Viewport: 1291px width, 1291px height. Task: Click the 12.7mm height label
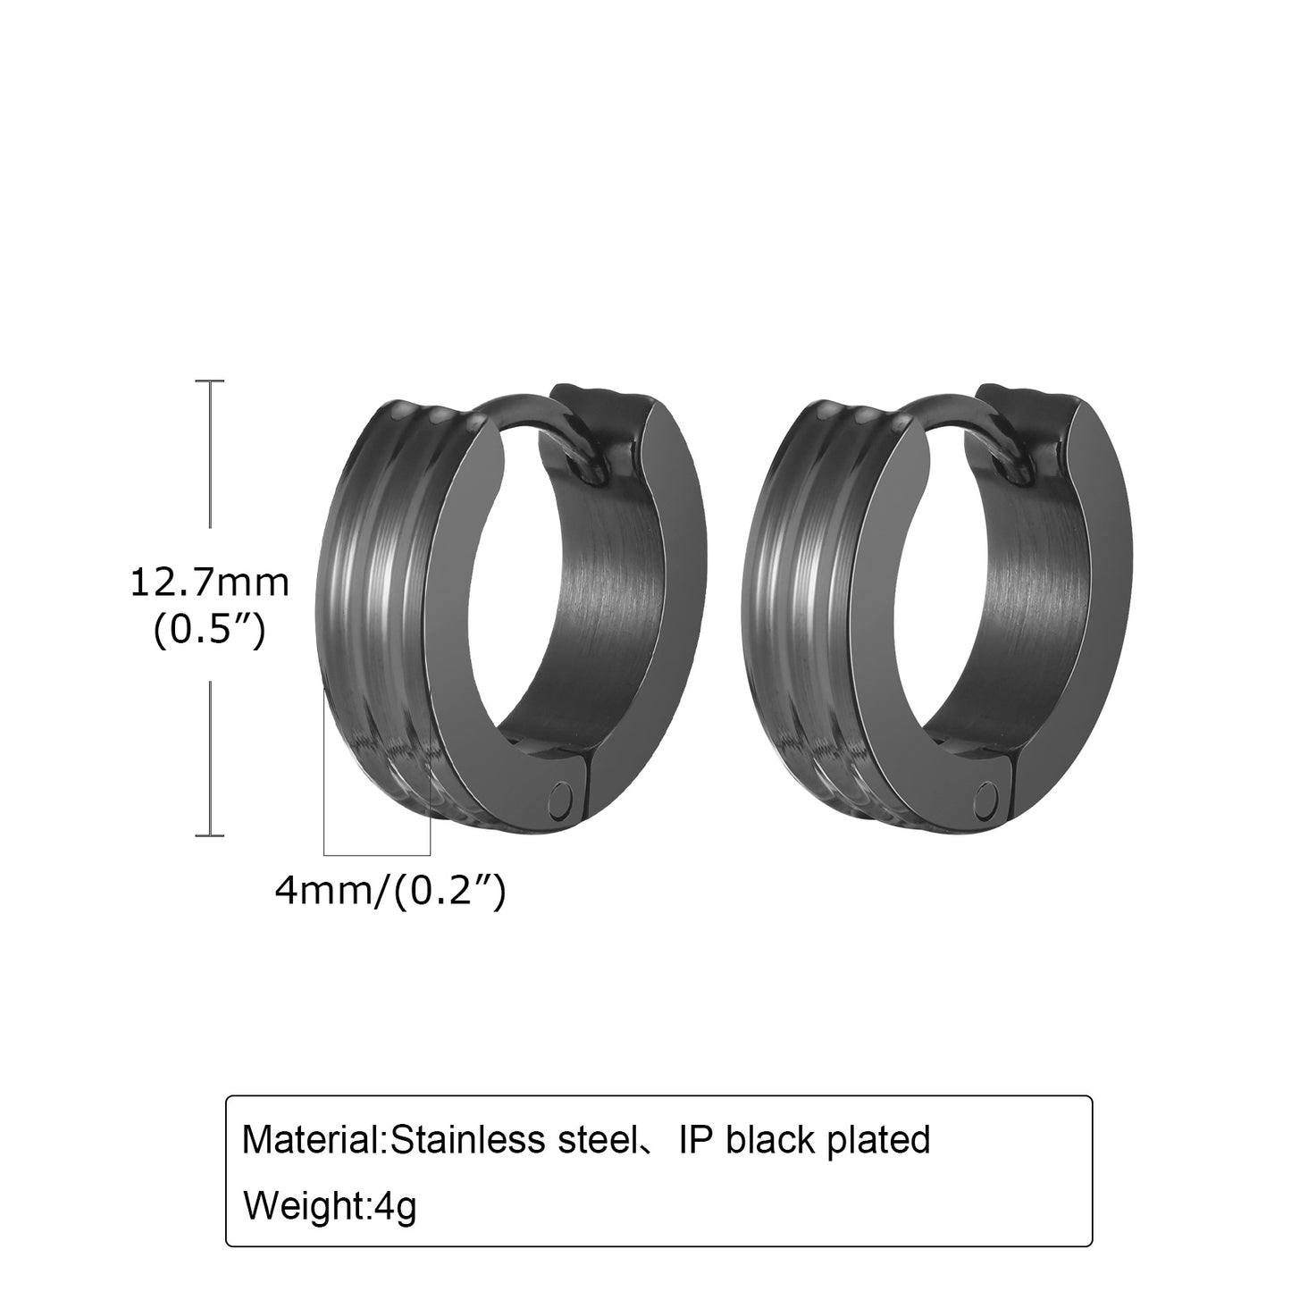(209, 583)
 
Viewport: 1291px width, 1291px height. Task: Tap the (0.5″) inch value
(210, 630)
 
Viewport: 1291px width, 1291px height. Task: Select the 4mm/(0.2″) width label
(390, 891)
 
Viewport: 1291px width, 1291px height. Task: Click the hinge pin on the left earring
(559, 800)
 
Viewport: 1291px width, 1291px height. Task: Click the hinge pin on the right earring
(986, 800)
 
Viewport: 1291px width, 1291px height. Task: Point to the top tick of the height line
(210, 381)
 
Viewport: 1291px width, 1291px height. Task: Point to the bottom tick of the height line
(210, 835)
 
